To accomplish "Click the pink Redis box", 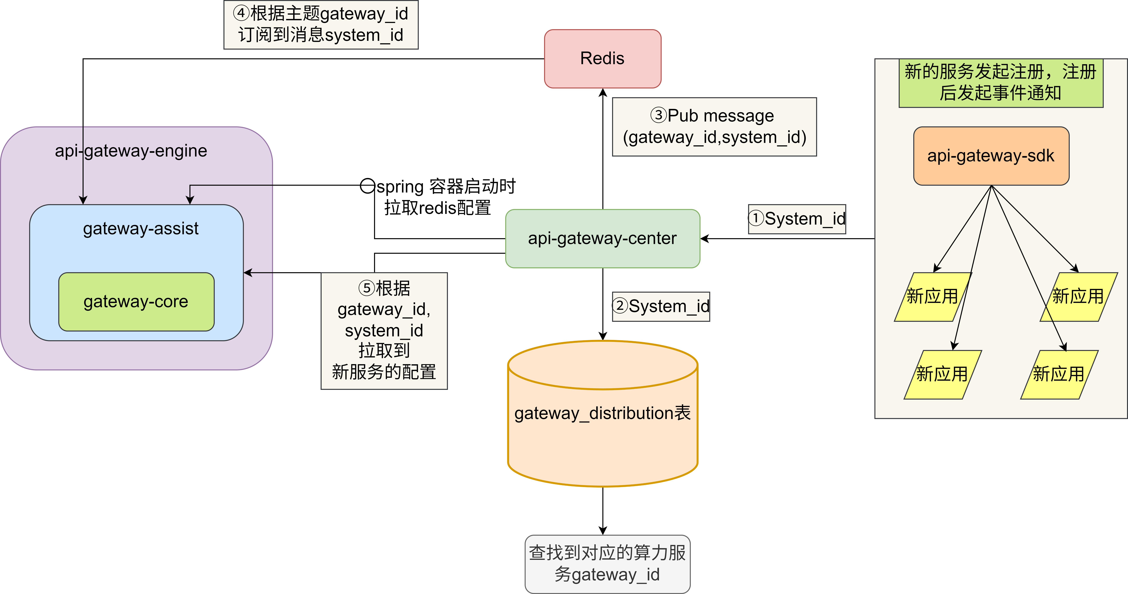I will (x=603, y=59).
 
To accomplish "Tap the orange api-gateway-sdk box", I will (x=991, y=156).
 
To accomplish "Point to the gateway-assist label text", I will (x=141, y=229).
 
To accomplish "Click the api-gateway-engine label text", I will (x=131, y=151).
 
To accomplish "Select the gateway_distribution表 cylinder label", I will (x=603, y=413).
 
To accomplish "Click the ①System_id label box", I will (x=797, y=219).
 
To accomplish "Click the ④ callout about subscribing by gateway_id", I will (x=321, y=24).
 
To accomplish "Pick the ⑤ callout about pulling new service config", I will (x=384, y=331).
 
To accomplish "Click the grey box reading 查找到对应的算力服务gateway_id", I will (x=607, y=564).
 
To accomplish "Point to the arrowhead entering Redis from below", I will (x=603, y=92).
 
